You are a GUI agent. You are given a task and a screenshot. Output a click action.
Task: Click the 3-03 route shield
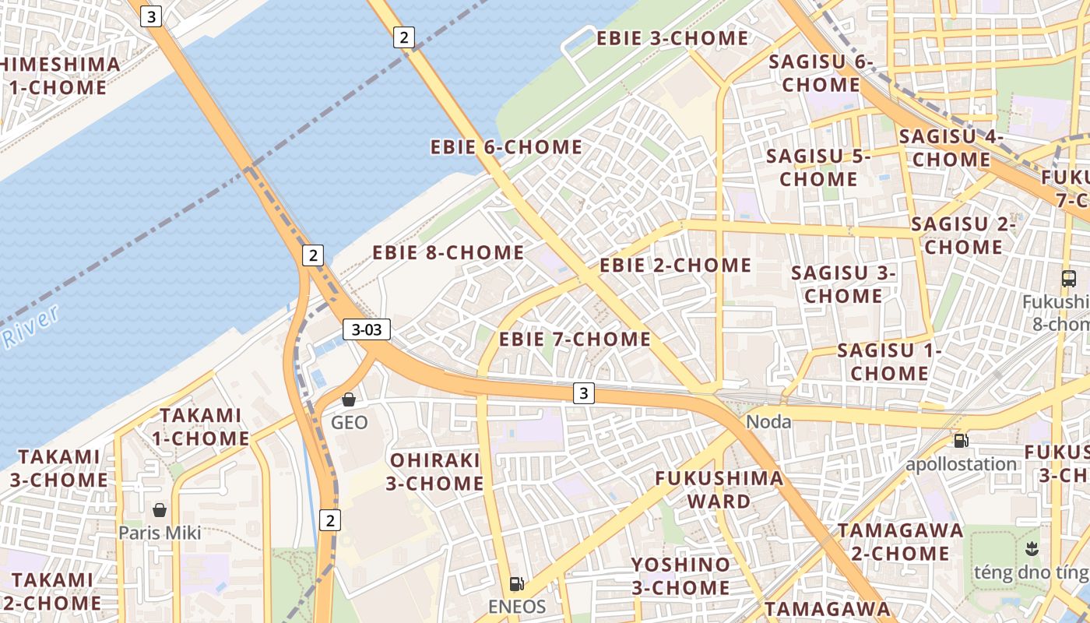tap(367, 329)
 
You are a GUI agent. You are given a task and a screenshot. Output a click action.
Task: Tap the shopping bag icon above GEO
tap(349, 399)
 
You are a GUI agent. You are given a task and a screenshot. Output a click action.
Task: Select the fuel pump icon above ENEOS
tap(515, 583)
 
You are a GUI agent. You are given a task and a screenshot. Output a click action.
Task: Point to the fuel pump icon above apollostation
tap(962, 441)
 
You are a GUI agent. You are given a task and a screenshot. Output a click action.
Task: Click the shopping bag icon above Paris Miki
tap(160, 510)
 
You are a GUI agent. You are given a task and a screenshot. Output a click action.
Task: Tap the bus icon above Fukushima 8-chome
tap(1069, 278)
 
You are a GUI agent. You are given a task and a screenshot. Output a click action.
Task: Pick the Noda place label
tap(768, 422)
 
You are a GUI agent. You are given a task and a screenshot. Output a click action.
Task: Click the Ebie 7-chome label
tap(575, 339)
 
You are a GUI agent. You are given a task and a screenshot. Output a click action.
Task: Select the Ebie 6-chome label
tap(506, 146)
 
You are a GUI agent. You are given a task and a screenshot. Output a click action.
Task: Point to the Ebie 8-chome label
tap(448, 252)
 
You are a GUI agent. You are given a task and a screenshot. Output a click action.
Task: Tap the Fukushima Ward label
tap(719, 489)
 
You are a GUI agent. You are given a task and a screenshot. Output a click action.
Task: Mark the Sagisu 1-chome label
tap(889, 361)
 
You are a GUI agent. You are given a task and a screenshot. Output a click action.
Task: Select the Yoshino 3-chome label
tap(680, 575)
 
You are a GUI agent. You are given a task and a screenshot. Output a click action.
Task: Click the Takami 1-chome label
tap(200, 427)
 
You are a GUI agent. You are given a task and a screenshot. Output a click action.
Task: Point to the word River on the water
tap(31, 326)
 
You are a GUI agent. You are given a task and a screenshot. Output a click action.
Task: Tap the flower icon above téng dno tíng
tap(1032, 547)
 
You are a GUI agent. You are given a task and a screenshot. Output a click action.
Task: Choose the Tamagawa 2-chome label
tap(900, 542)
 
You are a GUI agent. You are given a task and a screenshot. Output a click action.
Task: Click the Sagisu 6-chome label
tap(821, 72)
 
